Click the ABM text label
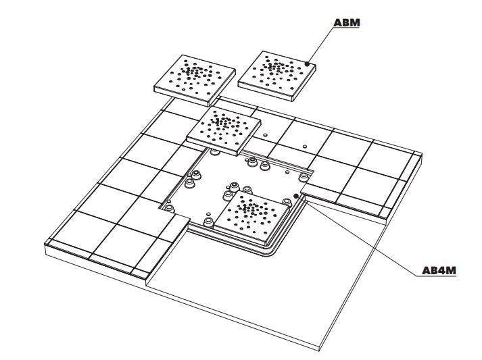pos(347,22)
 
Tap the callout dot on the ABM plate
pos(307,64)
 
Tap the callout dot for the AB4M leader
pos(296,196)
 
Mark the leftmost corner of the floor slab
pos(45,245)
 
